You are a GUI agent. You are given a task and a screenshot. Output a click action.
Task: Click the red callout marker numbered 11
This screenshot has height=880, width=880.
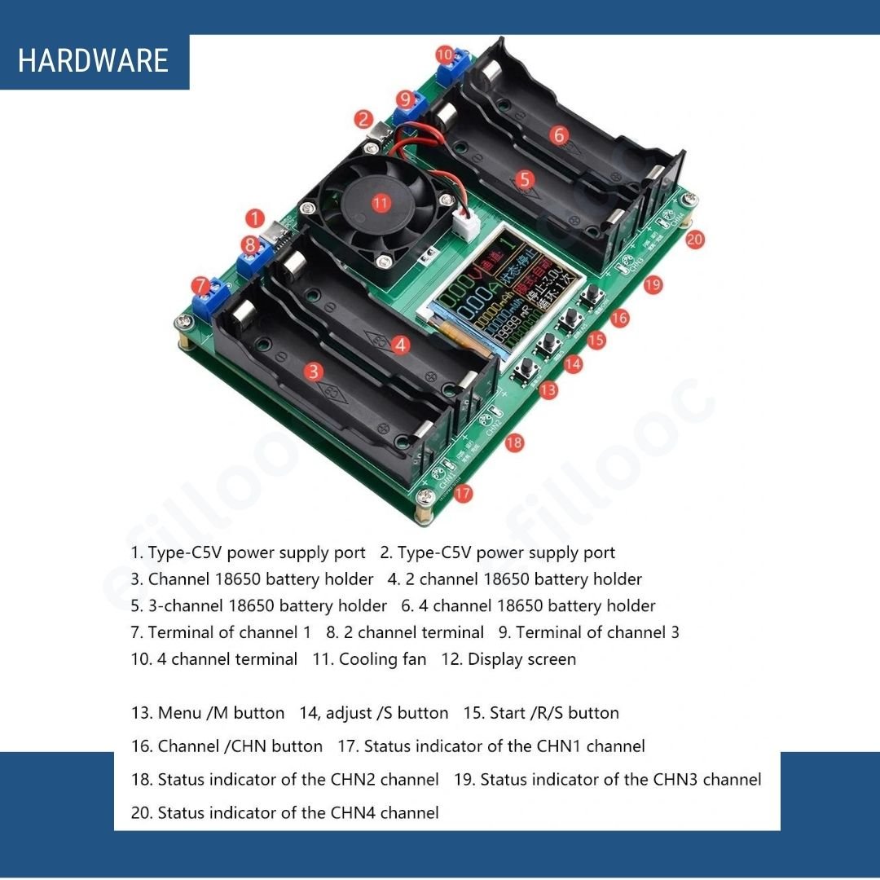[x=381, y=203]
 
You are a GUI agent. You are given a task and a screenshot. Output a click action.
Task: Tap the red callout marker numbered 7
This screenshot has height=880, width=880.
[x=201, y=285]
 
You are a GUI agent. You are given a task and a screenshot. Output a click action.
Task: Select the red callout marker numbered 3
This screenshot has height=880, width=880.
[x=315, y=372]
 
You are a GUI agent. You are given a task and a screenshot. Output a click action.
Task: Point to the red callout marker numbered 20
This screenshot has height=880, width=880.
[x=694, y=240]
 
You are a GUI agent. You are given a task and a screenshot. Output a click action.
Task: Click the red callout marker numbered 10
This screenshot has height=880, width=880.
[x=444, y=55]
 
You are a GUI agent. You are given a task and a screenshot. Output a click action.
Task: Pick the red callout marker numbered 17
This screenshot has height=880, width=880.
[x=463, y=493]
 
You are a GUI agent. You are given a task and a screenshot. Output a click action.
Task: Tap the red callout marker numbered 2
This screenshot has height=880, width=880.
[x=364, y=119]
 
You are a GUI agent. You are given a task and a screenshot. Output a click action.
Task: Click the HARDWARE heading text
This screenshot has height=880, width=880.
[x=93, y=61]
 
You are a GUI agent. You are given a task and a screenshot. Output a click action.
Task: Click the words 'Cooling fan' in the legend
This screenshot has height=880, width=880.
[x=382, y=659]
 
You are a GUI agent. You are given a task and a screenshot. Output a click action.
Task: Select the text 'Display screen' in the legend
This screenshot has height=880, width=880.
[x=521, y=659]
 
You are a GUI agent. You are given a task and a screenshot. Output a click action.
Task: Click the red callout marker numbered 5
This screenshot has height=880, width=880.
[x=525, y=179]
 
